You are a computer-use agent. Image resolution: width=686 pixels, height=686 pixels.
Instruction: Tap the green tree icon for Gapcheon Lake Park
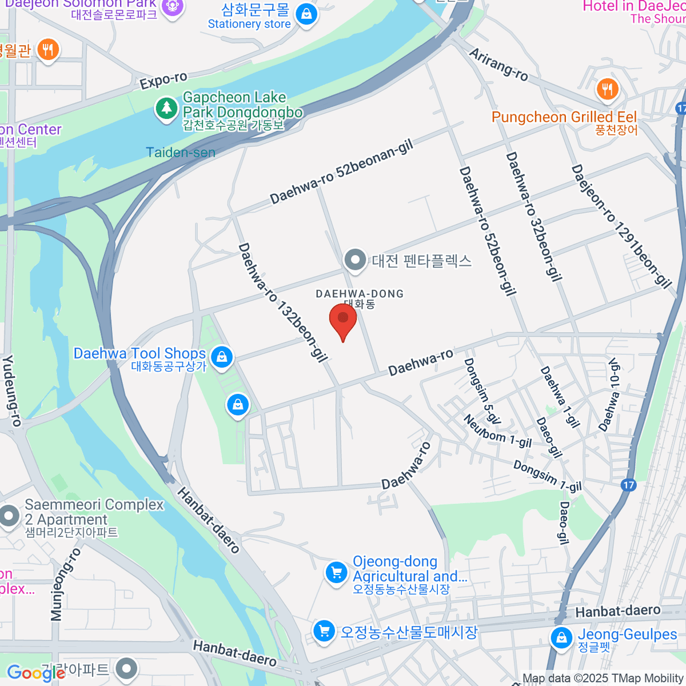pos(166,107)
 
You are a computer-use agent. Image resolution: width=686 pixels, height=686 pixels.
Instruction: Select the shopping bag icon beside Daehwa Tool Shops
pos(222,357)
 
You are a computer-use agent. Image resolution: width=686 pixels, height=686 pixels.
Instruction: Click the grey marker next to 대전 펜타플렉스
pos(356,261)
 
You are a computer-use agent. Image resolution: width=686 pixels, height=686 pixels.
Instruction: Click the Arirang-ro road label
pos(498,64)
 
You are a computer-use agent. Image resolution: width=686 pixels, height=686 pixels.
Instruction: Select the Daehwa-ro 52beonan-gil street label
pos(341,173)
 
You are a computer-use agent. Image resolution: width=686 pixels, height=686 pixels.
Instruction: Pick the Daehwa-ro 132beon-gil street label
pos(282,302)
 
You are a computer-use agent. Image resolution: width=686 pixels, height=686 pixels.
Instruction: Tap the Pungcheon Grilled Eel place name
pos(564,117)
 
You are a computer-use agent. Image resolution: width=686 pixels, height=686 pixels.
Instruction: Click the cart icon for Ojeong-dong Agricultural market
pos(336,572)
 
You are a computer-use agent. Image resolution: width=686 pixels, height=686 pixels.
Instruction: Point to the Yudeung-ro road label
pos(12,390)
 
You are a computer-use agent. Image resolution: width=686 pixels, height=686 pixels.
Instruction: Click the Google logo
pos(35,673)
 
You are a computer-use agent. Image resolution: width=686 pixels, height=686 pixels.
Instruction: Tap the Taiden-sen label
pos(181,153)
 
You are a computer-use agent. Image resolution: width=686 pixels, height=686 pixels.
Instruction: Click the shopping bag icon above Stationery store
pos(306,14)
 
